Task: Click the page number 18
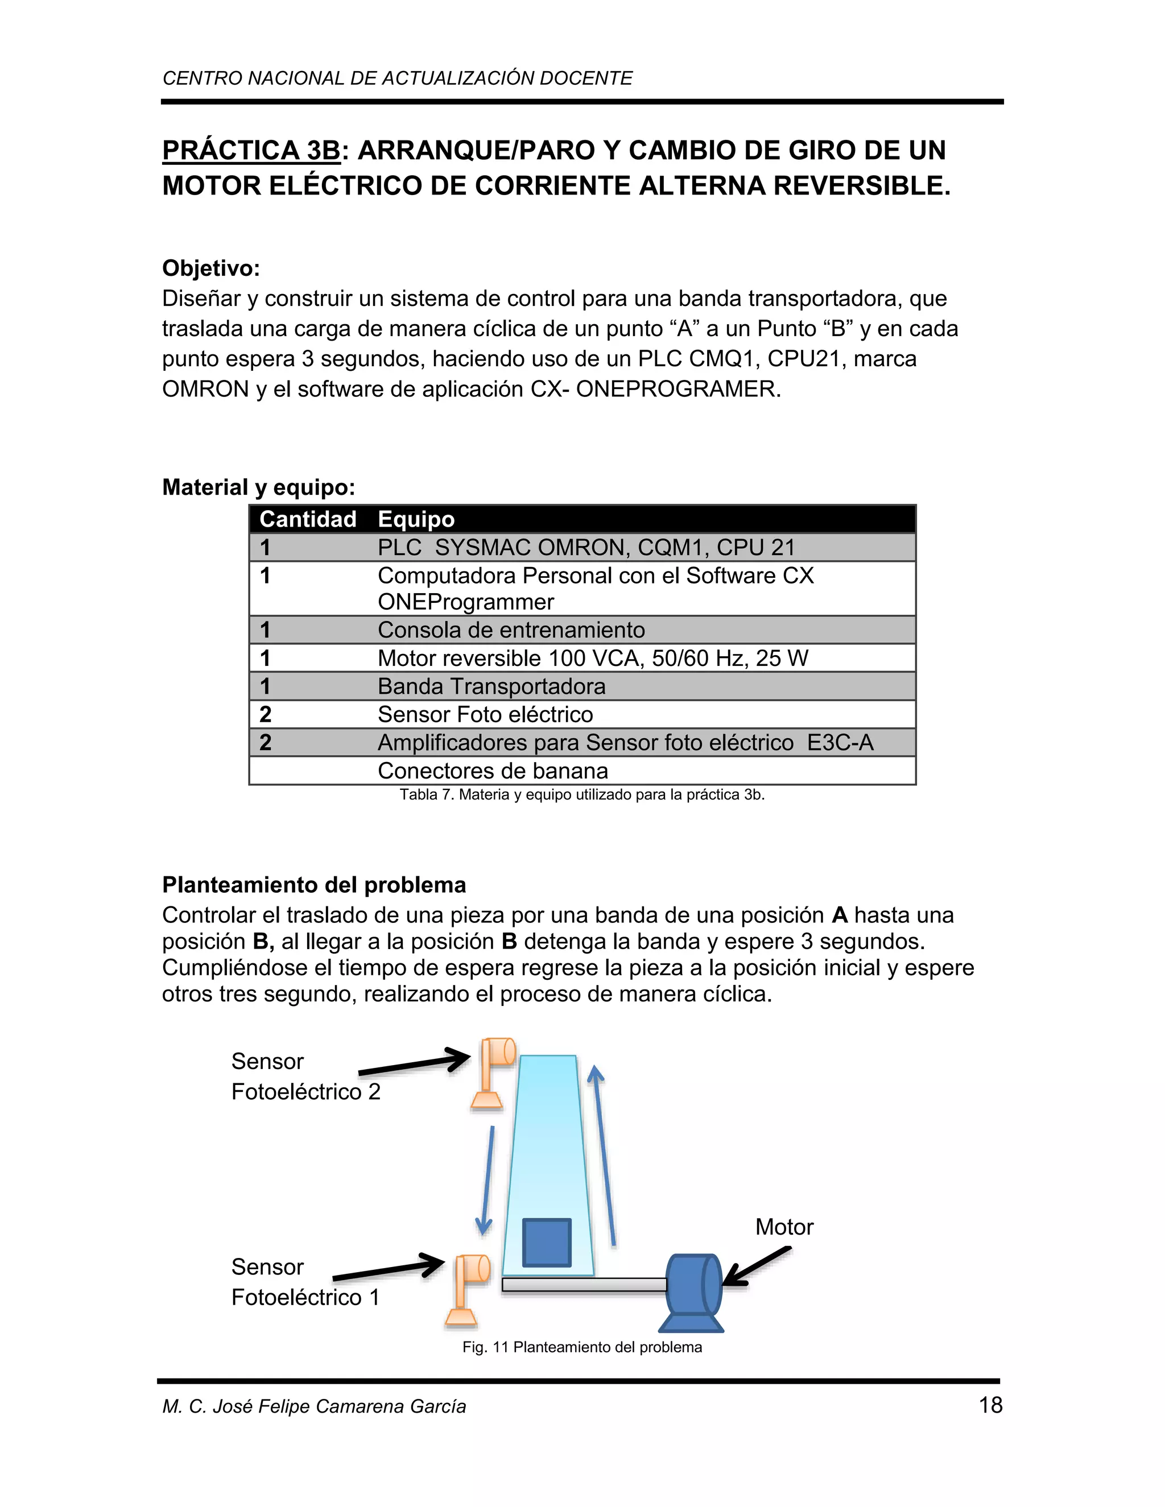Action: coord(990,1405)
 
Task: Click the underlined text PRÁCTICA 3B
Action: coord(251,151)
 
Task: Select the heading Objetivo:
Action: coord(210,268)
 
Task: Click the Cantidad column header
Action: coord(308,519)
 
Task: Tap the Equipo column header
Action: coord(416,519)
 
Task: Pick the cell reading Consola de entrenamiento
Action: coord(511,630)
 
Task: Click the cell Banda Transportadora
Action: coord(491,686)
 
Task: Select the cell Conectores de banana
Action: coord(493,771)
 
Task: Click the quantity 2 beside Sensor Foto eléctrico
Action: coord(266,714)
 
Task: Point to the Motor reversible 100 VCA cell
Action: coord(592,659)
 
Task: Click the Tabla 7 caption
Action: coord(582,795)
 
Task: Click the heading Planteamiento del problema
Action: coord(314,885)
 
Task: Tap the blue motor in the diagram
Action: coord(692,1289)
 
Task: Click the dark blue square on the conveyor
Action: coord(547,1242)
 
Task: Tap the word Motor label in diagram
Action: coord(784,1227)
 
